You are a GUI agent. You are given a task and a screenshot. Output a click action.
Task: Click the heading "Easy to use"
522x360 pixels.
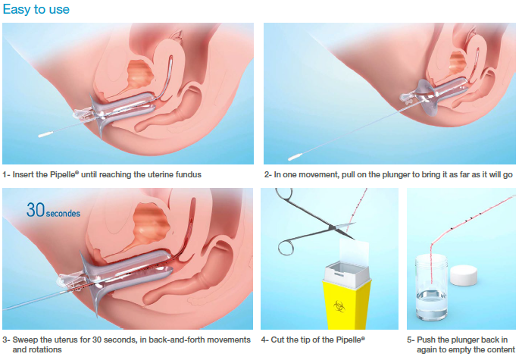pos(36,10)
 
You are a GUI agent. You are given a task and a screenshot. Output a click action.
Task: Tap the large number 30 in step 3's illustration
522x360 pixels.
pos(36,210)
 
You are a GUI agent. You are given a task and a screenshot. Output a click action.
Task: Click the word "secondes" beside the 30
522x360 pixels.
pos(63,213)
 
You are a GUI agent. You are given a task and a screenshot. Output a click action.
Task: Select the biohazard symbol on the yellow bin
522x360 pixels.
pos(339,306)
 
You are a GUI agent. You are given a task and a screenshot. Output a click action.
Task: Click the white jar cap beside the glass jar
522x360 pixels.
pos(464,275)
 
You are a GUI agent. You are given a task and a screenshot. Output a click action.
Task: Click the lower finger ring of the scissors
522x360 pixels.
pos(286,248)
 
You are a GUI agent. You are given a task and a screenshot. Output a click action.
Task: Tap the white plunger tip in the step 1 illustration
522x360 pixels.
pos(45,135)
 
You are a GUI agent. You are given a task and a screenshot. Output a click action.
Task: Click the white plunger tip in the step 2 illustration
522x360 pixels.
pos(295,157)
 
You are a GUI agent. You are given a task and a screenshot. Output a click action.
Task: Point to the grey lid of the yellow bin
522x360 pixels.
pos(348,274)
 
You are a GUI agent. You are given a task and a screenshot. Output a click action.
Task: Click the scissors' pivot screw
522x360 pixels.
pos(332,227)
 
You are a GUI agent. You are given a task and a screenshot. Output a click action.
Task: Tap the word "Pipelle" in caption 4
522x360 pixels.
pos(349,340)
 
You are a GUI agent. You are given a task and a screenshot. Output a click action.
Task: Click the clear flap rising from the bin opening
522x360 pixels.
pos(355,252)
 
